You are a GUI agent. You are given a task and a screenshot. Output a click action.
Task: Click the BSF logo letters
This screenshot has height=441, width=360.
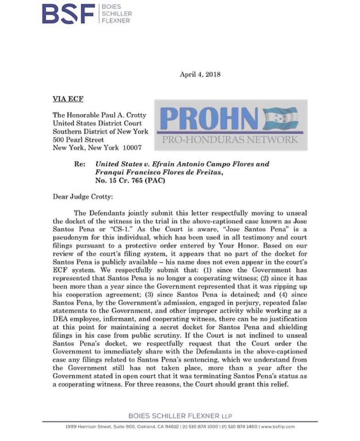[x=68, y=14]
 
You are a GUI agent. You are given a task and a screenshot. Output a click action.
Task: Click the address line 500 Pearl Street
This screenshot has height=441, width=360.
[x=79, y=140]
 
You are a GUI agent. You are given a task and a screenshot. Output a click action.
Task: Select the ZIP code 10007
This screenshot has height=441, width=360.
[x=132, y=148]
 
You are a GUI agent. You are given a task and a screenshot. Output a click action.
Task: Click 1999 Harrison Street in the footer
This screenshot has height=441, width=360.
[x=87, y=427]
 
